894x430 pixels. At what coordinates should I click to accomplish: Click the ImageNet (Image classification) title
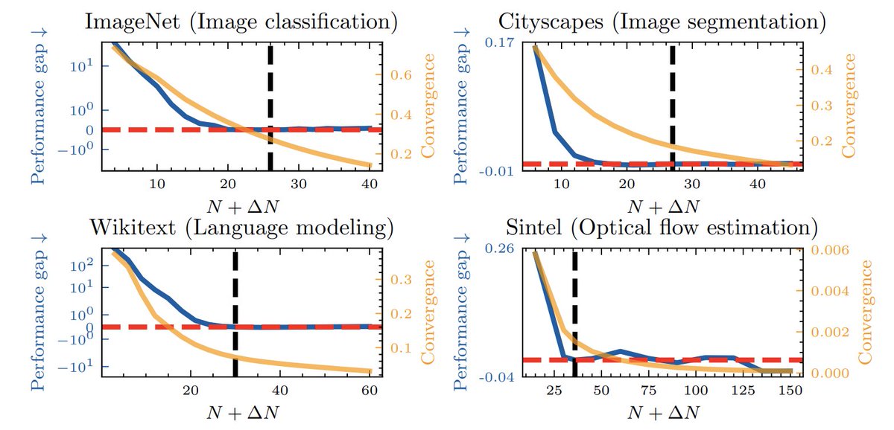click(241, 20)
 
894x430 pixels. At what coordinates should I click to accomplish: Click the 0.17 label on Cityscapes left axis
click(497, 43)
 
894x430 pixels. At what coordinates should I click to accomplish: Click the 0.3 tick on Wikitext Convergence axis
click(402, 280)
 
